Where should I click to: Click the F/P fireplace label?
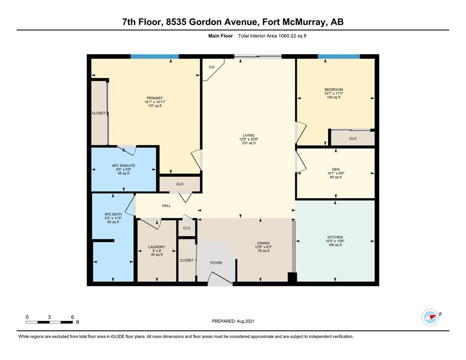point(211,67)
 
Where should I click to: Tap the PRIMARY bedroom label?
point(155,98)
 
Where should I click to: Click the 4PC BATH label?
point(112,214)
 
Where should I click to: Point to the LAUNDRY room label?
point(157,247)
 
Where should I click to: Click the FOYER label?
point(216,263)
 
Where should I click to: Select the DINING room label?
point(263,243)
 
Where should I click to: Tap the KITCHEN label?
point(335,237)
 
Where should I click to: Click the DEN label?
point(336,169)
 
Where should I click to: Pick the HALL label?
point(166,206)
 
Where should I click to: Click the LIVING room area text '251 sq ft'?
point(248,143)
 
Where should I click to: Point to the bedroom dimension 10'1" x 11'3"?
point(334,94)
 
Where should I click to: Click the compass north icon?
point(430,317)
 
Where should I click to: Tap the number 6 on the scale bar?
point(72,317)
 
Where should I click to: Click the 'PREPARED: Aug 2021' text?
point(233,321)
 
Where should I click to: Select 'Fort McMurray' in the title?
point(295,22)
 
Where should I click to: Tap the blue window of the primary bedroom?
point(154,56)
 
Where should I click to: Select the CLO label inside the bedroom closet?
point(353,138)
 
